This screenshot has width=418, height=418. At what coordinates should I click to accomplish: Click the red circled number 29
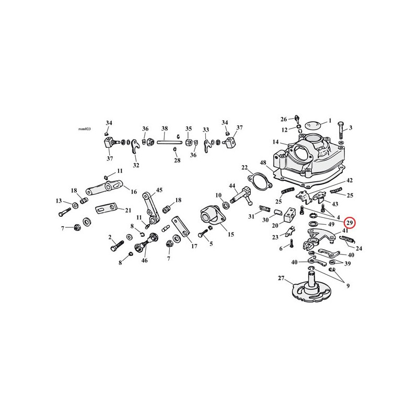350,223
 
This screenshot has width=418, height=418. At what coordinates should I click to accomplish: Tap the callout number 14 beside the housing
276,142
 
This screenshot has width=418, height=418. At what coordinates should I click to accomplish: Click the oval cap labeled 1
311,125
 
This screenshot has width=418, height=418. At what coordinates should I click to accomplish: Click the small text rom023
85,129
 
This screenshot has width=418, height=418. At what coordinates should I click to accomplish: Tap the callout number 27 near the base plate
281,278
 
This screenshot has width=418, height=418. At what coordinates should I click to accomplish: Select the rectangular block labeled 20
289,215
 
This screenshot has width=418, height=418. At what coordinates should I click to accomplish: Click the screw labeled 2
117,245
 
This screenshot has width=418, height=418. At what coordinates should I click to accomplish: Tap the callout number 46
144,260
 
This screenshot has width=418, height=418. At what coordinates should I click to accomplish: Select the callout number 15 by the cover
231,234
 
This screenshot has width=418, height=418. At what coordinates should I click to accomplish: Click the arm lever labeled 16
104,188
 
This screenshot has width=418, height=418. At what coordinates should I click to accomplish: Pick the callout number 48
263,162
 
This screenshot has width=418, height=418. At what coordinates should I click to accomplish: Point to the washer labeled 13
75,205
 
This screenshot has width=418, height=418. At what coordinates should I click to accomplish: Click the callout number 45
159,190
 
